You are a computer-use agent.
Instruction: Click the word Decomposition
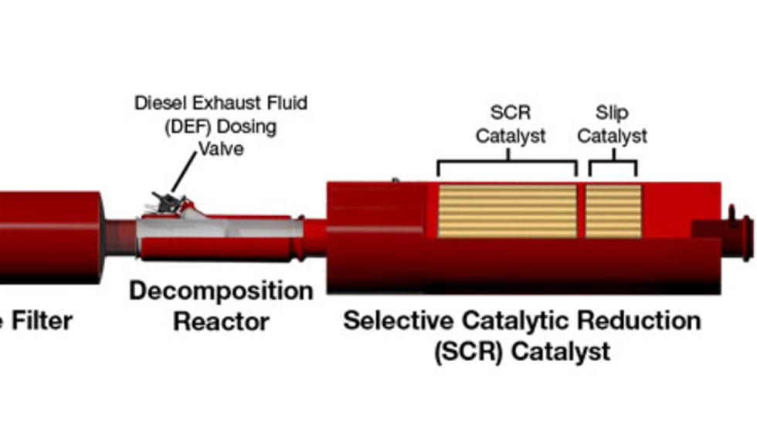pyautogui.click(x=221, y=292)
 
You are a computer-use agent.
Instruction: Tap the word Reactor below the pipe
pyautogui.click(x=221, y=321)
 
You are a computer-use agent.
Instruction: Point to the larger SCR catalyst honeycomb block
pyautogui.click(x=507, y=211)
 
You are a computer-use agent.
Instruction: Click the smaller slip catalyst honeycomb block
pyautogui.click(x=613, y=211)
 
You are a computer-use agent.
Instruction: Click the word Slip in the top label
pyautogui.click(x=613, y=113)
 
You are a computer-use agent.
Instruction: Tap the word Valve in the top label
pyautogui.click(x=221, y=148)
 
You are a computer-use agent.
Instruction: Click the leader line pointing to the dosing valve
pyautogui.click(x=184, y=171)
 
